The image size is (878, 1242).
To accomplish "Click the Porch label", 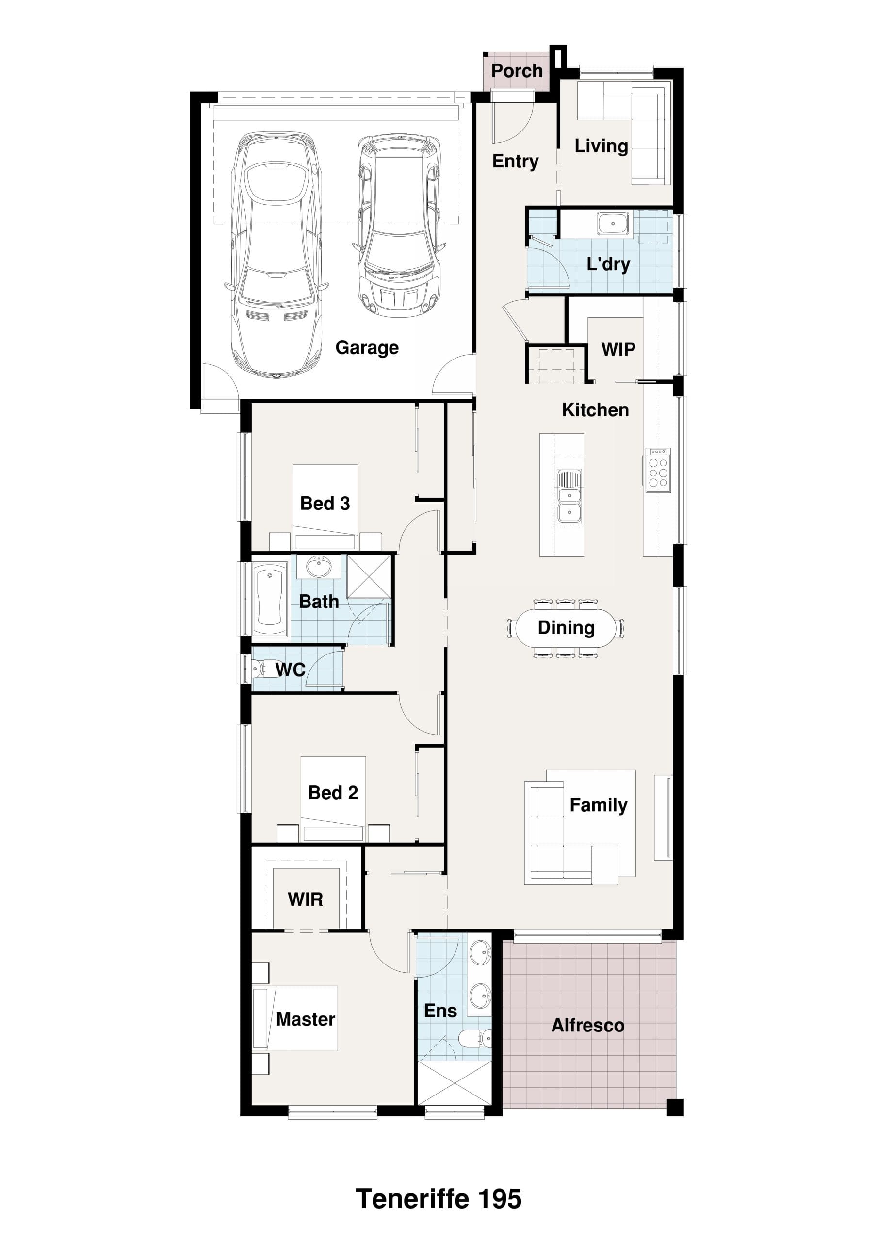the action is [517, 71].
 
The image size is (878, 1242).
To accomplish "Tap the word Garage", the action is [367, 347].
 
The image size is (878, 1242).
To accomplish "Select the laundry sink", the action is [613, 223].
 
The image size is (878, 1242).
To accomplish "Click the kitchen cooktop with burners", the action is [658, 470].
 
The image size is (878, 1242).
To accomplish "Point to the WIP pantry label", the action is [618, 349].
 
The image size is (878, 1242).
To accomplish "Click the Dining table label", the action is [566, 627].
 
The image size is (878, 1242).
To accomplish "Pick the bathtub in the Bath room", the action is [269, 599].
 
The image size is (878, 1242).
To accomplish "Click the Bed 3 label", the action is [325, 504].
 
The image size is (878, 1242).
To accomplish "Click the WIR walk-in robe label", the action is [306, 899].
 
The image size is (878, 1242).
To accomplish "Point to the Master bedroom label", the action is [306, 1019].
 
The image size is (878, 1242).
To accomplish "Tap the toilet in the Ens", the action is [475, 1038].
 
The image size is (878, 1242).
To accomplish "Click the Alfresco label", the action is [588, 1025].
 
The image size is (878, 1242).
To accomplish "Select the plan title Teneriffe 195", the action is [439, 1199].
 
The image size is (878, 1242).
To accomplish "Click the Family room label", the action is [598, 805].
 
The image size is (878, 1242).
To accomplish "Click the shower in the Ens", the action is [455, 1083].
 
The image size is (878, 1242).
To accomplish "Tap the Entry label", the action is [516, 161].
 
